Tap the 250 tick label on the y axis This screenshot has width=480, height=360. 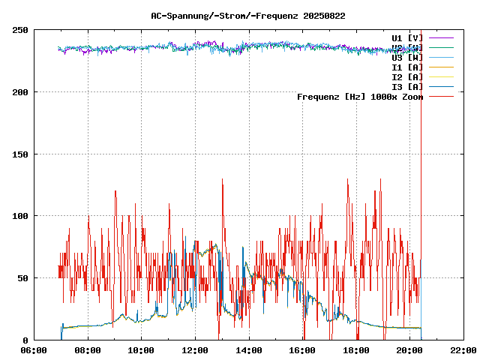pyautogui.click(x=20, y=30)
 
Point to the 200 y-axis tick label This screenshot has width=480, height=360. pyautogui.click(x=20, y=92)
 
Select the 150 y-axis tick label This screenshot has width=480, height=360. pyautogui.click(x=20, y=154)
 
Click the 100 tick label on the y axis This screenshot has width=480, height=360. pyautogui.click(x=20, y=216)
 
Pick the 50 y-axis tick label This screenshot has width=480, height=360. pyautogui.click(x=22, y=278)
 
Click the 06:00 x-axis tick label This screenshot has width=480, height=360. pyautogui.click(x=34, y=350)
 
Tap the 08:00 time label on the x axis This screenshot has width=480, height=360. pyautogui.click(x=88, y=350)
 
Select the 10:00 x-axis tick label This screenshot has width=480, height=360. pyautogui.click(x=142, y=350)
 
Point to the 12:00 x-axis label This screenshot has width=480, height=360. pyautogui.click(x=195, y=350)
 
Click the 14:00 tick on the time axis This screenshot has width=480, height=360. pyautogui.click(x=249, y=350)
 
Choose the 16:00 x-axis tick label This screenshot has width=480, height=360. pyautogui.click(x=302, y=350)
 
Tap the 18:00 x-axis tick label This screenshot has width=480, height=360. pyautogui.click(x=356, y=350)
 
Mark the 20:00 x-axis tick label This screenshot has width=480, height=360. pyautogui.click(x=409, y=350)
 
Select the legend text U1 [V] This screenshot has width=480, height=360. pyautogui.click(x=407, y=37)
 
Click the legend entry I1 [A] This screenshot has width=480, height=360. pyautogui.click(x=407, y=67)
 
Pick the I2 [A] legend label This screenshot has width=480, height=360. pyautogui.click(x=407, y=77)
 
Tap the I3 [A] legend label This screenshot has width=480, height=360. pyautogui.click(x=407, y=87)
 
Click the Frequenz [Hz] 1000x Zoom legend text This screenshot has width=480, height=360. pyautogui.click(x=360, y=97)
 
